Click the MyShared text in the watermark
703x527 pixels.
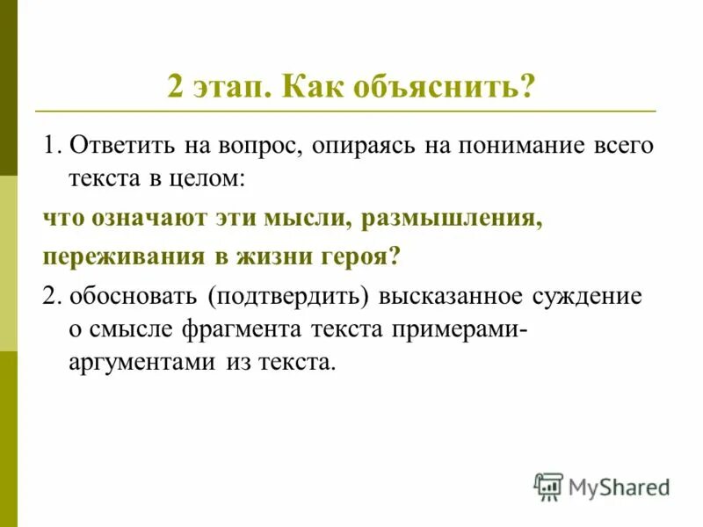coord(619,487)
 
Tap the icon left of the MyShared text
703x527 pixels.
coord(548,487)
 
